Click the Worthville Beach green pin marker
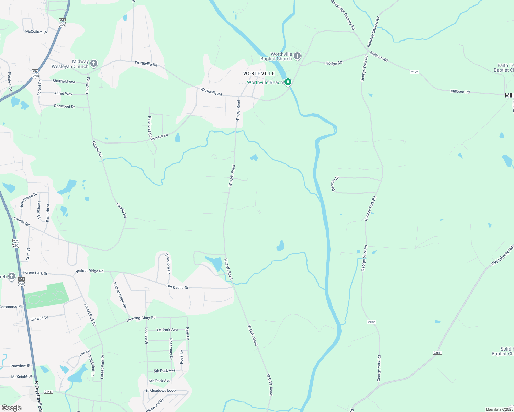[288, 82]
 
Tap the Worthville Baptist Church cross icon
[297, 56]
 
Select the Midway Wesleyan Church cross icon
[93, 63]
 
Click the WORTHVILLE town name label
[259, 73]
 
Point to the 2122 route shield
[414, 72]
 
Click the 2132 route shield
[371, 322]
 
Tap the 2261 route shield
[437, 353]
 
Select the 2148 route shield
[48, 392]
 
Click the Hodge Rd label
[334, 63]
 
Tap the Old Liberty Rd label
[502, 255]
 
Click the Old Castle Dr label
[177, 287]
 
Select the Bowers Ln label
[159, 137]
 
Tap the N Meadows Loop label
[161, 391]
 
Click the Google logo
[12, 408]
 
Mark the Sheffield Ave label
[64, 81]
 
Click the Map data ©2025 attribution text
[499, 409]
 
